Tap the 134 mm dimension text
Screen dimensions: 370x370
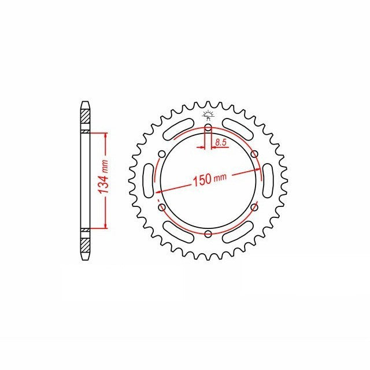point(103,176)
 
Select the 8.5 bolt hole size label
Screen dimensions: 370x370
point(221,142)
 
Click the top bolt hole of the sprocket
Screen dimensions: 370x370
point(208,128)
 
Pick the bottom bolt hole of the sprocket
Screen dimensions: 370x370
point(208,234)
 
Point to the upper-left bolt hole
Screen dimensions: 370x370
point(162,154)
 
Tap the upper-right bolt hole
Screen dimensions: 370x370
point(254,154)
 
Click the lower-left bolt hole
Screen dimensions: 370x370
point(162,208)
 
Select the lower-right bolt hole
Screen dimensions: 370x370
point(254,208)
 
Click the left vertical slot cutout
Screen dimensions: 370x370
point(149,181)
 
